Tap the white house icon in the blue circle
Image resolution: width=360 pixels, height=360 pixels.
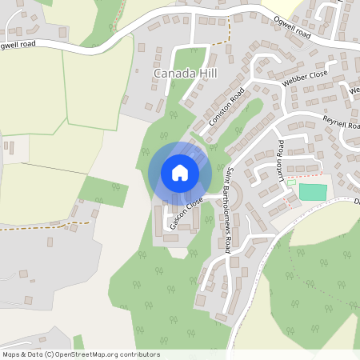point(180,173)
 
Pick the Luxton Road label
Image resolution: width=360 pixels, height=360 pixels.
point(280,158)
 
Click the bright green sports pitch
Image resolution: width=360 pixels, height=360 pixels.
point(313,192)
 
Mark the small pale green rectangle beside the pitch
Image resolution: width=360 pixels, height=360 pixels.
point(291,182)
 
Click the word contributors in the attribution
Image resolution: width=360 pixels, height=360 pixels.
point(138,354)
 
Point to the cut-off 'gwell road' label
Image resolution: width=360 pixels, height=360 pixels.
point(18,45)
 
